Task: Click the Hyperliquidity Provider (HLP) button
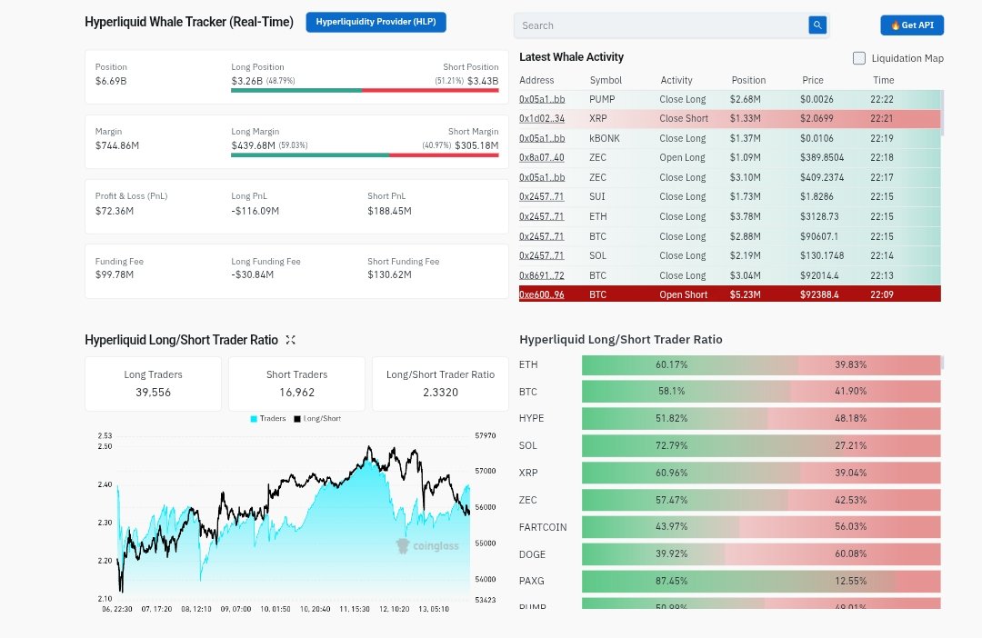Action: click(376, 22)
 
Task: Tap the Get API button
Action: click(912, 25)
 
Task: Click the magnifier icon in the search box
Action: click(817, 25)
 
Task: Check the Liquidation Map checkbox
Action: click(859, 58)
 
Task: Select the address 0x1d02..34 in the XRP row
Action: click(542, 118)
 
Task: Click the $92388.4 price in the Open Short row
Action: click(819, 294)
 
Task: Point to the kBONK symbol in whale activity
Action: click(605, 138)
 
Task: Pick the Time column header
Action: click(883, 80)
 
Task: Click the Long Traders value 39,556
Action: click(153, 393)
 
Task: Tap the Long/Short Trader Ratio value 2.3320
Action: click(440, 393)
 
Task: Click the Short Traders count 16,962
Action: click(296, 393)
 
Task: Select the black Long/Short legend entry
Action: click(316, 419)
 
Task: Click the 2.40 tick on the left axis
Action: click(105, 484)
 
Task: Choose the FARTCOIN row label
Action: click(543, 527)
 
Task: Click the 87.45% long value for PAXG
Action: click(671, 580)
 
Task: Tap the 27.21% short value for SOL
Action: click(851, 445)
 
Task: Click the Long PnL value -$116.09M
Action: click(255, 211)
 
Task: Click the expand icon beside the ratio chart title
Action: click(290, 340)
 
